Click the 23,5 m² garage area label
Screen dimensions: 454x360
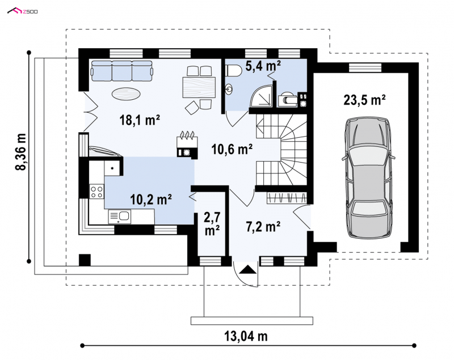click(364, 100)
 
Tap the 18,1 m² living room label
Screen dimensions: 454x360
click(140, 120)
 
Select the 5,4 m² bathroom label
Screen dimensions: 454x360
click(263, 66)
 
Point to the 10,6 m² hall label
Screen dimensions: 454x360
click(232, 149)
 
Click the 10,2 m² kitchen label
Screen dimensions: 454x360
click(151, 200)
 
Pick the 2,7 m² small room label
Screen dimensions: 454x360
click(212, 224)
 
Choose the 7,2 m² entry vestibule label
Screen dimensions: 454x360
click(263, 226)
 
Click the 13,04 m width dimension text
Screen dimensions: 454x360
click(246, 336)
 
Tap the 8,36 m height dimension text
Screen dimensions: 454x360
click(21, 156)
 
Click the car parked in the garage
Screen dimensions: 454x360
click(367, 178)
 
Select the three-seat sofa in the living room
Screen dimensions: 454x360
click(122, 71)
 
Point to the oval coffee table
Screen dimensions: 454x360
click(126, 94)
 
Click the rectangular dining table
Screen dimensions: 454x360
click(199, 87)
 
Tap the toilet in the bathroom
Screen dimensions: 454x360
click(233, 70)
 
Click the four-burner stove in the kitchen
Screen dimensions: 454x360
click(96, 192)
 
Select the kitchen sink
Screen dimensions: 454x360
click(120, 217)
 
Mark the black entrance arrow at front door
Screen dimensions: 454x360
click(248, 269)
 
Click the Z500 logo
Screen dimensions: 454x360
click(23, 11)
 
